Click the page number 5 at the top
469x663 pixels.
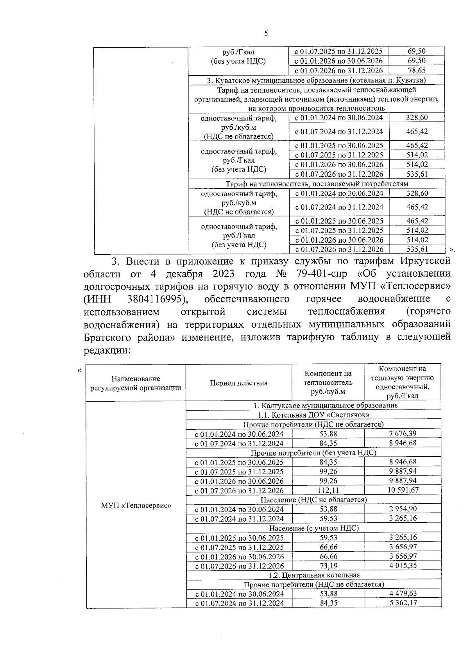[266, 34]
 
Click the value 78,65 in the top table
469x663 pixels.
[416, 70]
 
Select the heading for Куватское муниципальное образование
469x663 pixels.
[316, 80]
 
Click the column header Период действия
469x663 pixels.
[238, 383]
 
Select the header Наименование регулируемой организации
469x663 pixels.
[136, 383]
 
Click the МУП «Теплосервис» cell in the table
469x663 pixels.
[136, 505]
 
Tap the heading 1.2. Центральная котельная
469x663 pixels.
[314, 575]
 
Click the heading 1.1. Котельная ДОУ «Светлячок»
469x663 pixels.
[313, 415]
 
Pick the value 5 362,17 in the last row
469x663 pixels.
[403, 603]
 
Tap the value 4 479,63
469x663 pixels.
[403, 593]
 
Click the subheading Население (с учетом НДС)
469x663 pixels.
[313, 528]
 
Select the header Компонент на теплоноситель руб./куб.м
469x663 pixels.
[328, 383]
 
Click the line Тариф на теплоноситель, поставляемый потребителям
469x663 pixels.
[317, 184]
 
